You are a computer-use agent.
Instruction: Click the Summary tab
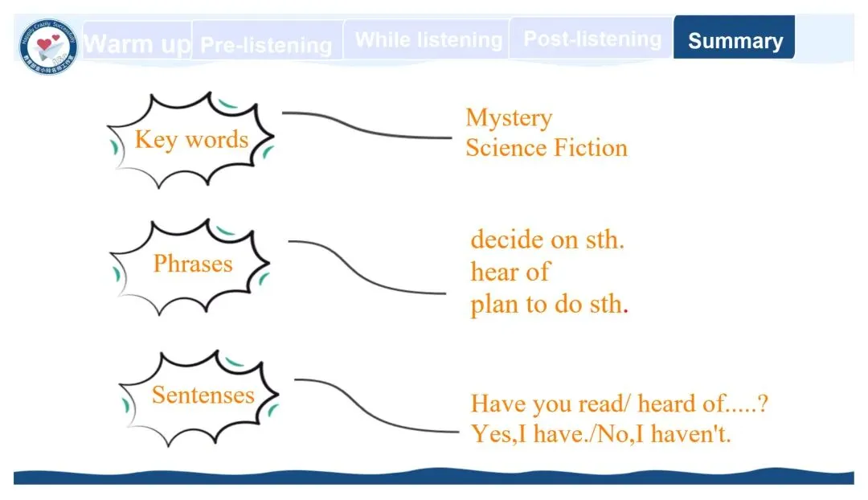click(x=735, y=40)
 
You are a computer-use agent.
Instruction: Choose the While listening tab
click(x=428, y=39)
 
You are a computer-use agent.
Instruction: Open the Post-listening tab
click(x=592, y=39)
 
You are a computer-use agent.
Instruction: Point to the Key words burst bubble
click(x=191, y=140)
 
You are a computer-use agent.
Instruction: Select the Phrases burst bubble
click(x=192, y=264)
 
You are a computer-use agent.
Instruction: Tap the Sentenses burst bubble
click(x=202, y=395)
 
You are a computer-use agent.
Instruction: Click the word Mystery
click(x=509, y=118)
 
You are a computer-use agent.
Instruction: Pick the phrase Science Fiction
click(x=546, y=148)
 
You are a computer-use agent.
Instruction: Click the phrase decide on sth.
click(x=547, y=240)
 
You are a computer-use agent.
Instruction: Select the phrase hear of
click(x=510, y=272)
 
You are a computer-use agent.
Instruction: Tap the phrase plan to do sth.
click(x=547, y=305)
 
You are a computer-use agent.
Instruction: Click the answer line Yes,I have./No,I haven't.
click(x=600, y=434)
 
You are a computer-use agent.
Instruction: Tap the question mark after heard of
click(x=762, y=403)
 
